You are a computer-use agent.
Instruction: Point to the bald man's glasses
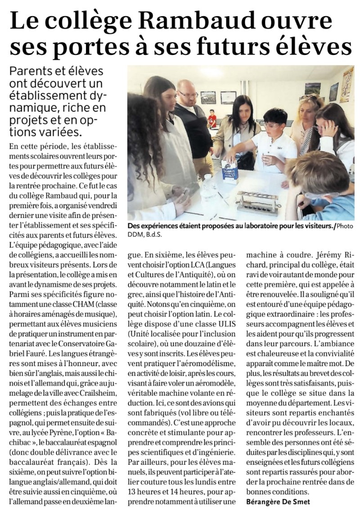click(188, 94)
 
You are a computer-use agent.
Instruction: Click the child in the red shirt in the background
click(211, 119)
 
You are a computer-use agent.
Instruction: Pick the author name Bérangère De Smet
click(278, 501)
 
